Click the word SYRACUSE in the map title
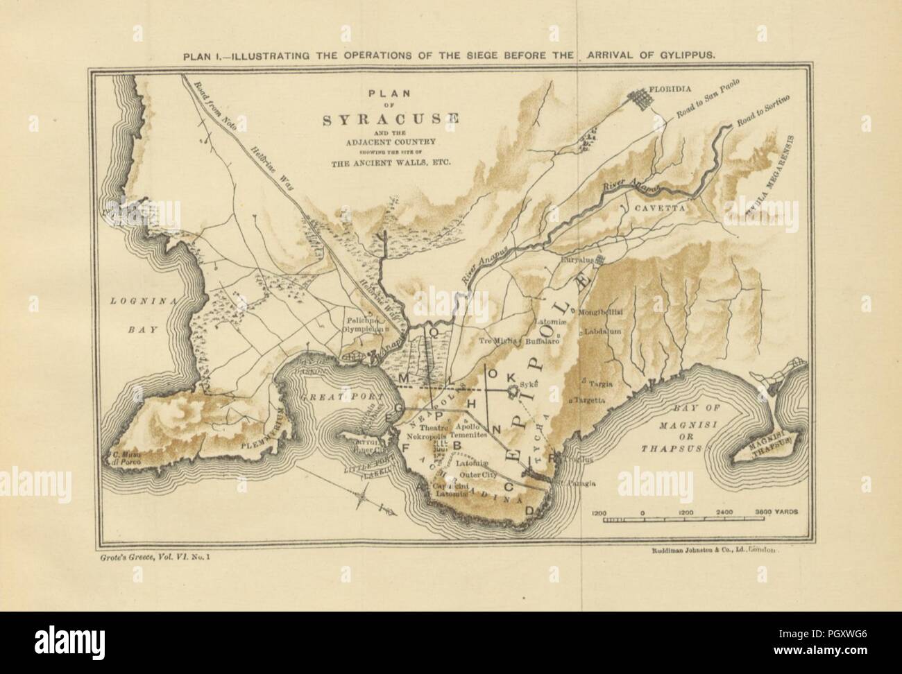[x=391, y=119]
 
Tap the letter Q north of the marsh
[x=433, y=331]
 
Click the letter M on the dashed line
[x=406, y=377]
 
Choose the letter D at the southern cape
[x=529, y=512]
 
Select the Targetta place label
[x=589, y=400]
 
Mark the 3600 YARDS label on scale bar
[x=776, y=510]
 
